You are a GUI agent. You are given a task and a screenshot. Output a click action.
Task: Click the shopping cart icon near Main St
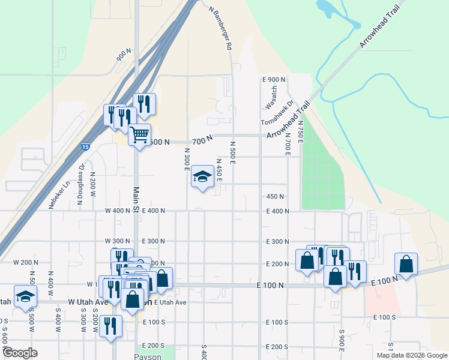click(x=139, y=134)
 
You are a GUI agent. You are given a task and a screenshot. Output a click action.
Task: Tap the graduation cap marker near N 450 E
click(x=202, y=176)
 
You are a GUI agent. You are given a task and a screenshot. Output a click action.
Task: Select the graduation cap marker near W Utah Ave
click(x=25, y=296)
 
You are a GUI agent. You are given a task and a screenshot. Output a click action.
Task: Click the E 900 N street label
click(x=275, y=79)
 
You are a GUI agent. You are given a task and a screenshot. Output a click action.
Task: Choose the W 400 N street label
click(x=117, y=211)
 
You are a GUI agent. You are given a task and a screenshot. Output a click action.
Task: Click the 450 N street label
click(x=275, y=196)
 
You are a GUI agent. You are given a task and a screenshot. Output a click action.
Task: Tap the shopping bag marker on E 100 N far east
click(x=406, y=264)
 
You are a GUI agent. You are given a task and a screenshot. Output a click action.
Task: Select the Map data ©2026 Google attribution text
click(x=411, y=355)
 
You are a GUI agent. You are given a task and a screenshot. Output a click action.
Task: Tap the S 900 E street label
click(x=342, y=340)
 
